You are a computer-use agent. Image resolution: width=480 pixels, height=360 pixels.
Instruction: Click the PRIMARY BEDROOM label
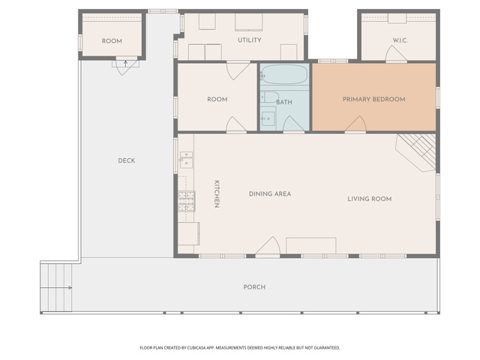(x=373, y=99)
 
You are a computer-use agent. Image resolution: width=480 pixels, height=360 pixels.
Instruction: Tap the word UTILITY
(x=250, y=40)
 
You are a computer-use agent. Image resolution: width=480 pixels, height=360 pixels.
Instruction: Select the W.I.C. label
(x=400, y=40)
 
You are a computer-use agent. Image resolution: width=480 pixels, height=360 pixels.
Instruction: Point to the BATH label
(x=284, y=102)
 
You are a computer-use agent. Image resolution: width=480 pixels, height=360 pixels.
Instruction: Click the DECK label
(x=127, y=160)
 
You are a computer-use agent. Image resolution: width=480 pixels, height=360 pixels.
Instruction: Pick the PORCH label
(x=254, y=287)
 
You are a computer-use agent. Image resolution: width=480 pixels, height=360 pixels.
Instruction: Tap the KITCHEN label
(x=217, y=194)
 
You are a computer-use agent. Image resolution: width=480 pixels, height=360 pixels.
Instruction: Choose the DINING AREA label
(x=270, y=193)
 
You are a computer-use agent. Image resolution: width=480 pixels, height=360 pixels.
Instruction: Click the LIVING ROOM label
(x=370, y=199)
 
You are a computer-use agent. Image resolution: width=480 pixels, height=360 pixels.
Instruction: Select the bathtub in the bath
(x=284, y=74)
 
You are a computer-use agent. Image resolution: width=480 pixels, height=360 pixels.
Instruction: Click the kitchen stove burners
(x=187, y=201)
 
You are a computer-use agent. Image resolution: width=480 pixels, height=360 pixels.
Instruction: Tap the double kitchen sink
(x=186, y=160)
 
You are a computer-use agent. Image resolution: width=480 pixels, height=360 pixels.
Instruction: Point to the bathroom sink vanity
(x=268, y=118)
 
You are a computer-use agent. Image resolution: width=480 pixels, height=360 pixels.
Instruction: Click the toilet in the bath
(x=269, y=97)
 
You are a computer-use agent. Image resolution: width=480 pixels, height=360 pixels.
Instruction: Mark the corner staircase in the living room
(x=415, y=152)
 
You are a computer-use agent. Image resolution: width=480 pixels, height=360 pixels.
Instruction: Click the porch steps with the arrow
(x=56, y=287)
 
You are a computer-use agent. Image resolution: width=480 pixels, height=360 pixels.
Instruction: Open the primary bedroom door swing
(x=355, y=124)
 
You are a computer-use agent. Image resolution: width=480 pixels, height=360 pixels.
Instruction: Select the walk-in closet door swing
(x=396, y=54)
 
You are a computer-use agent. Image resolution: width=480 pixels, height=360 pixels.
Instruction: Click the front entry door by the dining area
(x=268, y=246)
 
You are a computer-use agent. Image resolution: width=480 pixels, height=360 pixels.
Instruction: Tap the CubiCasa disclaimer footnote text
(x=240, y=348)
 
